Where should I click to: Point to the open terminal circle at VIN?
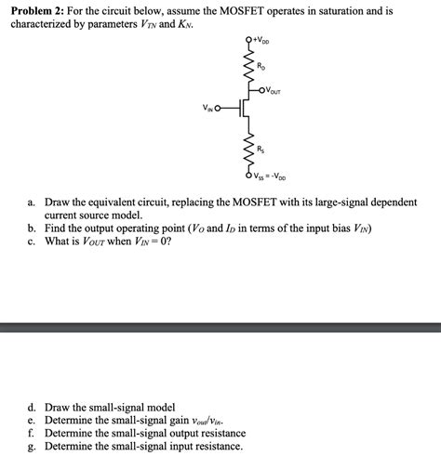pos(220,110)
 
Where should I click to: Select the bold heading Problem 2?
pos(42,9)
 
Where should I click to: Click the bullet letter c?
pos(32,241)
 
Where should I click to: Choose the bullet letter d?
pos(32,408)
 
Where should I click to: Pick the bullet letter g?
pos(32,447)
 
